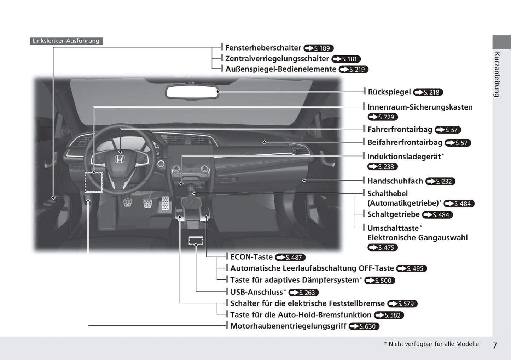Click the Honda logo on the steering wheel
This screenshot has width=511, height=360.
pyautogui.click(x=120, y=159)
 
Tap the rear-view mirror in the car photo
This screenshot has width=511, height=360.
pyautogui.click(x=192, y=92)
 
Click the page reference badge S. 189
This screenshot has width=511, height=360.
pyautogui.click(x=318, y=48)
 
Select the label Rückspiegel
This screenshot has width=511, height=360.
pyautogui.click(x=389, y=92)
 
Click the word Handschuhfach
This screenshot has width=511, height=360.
pyautogui.click(x=395, y=181)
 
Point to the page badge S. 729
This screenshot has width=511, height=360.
pyautogui.click(x=383, y=117)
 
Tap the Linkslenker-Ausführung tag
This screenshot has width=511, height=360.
pyautogui.click(x=66, y=41)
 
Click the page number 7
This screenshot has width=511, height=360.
pyautogui.click(x=495, y=346)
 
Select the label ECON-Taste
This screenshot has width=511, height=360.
pyautogui.click(x=251, y=257)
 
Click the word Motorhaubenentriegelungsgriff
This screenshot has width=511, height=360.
pyautogui.click(x=288, y=326)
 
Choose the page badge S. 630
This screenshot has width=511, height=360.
pyautogui.click(x=364, y=326)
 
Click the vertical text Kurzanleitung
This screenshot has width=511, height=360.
pyautogui.click(x=497, y=75)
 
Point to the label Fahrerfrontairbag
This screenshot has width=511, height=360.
pyautogui.click(x=400, y=130)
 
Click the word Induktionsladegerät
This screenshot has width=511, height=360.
pyautogui.click(x=404, y=157)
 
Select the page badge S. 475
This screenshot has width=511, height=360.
pyautogui.click(x=383, y=248)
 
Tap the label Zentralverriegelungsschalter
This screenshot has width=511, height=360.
pyautogui.click(x=277, y=59)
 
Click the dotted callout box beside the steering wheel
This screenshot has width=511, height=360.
pyautogui.click(x=94, y=182)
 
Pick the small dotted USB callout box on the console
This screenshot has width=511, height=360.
pyautogui.click(x=196, y=241)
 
